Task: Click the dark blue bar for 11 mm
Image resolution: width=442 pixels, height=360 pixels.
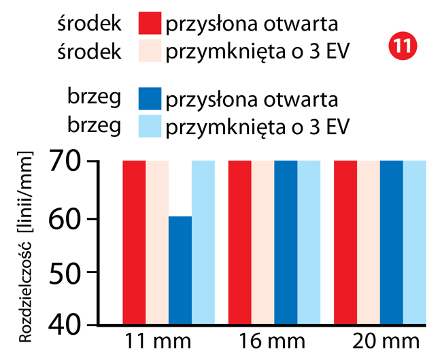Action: [180, 269]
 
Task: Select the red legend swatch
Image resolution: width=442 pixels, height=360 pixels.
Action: [150, 23]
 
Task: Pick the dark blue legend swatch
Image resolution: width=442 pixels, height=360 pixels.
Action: [150, 99]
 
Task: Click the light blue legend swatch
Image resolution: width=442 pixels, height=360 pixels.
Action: [150, 126]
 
